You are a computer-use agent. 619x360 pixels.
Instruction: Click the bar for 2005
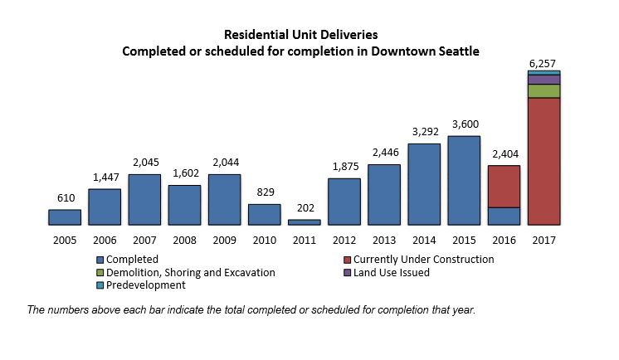pos(65,216)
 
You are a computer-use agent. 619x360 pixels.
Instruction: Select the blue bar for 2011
pos(304,222)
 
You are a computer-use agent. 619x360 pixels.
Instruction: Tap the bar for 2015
pos(464,180)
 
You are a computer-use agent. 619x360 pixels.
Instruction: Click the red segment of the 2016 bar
pos(504,187)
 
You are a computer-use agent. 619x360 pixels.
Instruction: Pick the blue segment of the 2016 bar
pos(504,216)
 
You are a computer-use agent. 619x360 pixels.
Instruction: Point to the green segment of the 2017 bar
pos(543,91)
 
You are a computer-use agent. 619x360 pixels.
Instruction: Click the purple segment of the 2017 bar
pos(543,80)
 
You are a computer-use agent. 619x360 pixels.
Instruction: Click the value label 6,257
pos(543,63)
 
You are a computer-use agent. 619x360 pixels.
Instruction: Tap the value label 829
pos(264,192)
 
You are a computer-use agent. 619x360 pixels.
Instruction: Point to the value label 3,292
pos(424,131)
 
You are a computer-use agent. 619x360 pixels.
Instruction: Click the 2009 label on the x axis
pos(224,240)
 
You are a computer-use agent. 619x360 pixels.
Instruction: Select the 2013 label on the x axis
pos(384,240)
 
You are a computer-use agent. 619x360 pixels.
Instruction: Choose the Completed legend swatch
pos(100,260)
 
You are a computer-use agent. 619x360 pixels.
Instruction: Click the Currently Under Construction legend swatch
pos(347,260)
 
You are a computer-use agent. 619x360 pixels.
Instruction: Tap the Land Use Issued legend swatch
pos(347,272)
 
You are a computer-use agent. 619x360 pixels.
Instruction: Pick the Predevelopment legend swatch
pos(100,285)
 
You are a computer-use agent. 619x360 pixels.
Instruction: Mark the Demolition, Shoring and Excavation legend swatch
pos(100,272)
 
